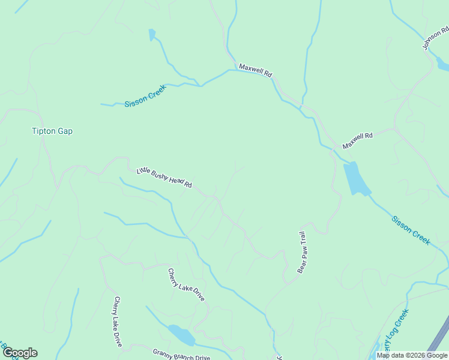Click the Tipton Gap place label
tap(52, 131)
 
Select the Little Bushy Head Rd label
tap(164, 178)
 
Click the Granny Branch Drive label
tap(181, 355)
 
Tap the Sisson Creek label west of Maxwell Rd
tap(145, 96)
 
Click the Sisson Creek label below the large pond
tap(411, 229)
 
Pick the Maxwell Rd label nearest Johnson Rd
tap(358, 141)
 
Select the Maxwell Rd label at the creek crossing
tap(256, 70)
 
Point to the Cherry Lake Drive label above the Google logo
tap(118, 322)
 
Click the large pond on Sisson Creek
tap(355, 178)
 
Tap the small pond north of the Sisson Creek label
tap(152, 34)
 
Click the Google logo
tap(20, 352)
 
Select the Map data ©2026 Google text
tap(412, 355)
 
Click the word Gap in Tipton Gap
tap(65, 131)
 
